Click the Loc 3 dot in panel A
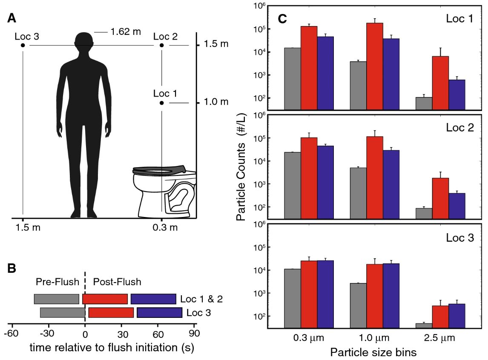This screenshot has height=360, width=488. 23,45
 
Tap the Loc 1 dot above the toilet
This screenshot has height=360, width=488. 162,103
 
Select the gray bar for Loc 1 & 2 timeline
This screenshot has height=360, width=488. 57,299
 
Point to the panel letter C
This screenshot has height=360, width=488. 282,19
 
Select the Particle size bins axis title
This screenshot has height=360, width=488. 367,352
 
